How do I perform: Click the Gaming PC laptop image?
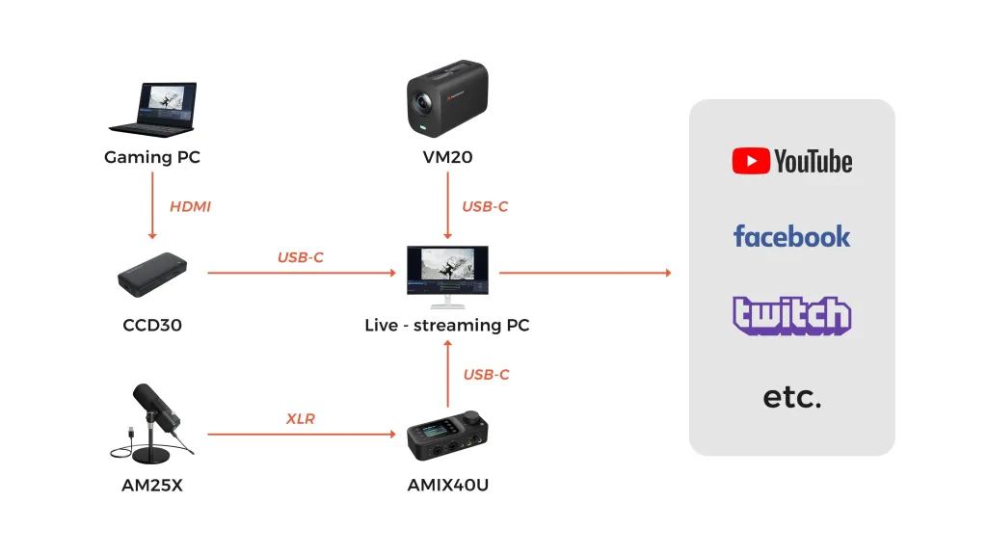152,108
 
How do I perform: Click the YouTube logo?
791,161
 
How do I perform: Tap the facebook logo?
791,236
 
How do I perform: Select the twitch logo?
791,315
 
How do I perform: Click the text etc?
791,396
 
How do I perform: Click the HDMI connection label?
190,206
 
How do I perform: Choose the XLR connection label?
301,419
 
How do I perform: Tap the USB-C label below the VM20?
485,206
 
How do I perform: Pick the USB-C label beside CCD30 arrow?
301,257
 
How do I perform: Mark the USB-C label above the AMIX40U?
486,374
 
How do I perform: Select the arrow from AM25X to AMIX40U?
301,435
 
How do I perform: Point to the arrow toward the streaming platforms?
584,273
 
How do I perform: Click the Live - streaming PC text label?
446,325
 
